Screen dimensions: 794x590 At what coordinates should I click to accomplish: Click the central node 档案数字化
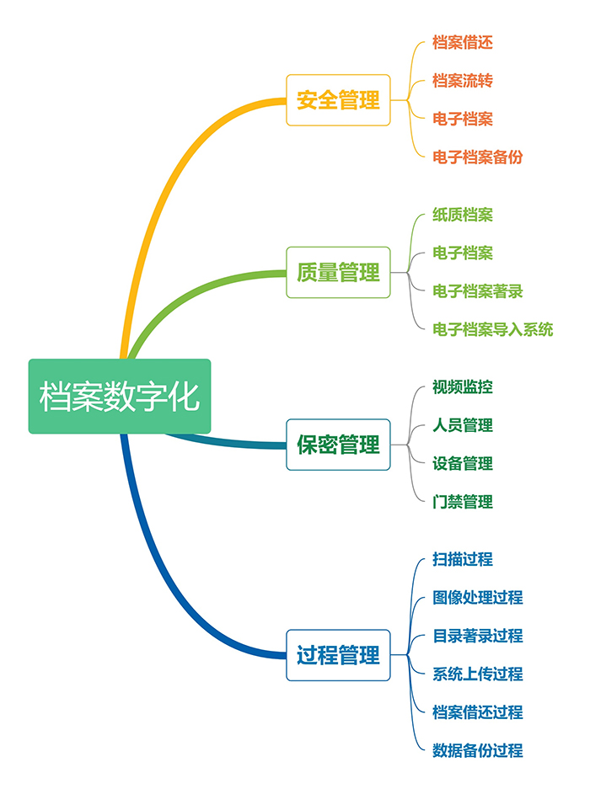click(120, 397)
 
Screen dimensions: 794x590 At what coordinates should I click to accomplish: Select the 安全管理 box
click(338, 101)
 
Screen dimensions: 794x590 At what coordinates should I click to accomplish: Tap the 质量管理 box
click(338, 273)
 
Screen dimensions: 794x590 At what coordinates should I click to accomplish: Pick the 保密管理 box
click(338, 445)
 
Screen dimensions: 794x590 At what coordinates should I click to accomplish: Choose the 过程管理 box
click(338, 655)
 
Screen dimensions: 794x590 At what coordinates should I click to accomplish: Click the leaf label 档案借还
click(462, 42)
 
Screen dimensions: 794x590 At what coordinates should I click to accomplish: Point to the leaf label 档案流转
click(462, 80)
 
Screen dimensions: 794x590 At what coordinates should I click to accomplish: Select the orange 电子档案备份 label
click(477, 157)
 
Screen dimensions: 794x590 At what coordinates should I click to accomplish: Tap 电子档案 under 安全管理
click(462, 119)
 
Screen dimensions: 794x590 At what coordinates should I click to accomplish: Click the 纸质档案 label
click(462, 215)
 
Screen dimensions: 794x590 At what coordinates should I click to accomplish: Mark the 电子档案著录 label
click(477, 291)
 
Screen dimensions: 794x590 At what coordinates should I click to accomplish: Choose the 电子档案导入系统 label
click(492, 329)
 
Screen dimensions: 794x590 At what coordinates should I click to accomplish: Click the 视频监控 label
click(462, 387)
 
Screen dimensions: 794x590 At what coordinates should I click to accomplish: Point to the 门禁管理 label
click(462, 502)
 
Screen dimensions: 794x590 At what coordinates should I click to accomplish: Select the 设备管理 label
click(462, 463)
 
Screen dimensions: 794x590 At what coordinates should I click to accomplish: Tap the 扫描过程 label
click(462, 559)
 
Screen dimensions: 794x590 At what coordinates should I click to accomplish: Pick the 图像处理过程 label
click(477, 597)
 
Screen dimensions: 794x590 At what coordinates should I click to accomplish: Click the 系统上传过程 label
click(477, 674)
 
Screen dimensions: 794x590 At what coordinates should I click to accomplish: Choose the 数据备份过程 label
click(477, 750)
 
